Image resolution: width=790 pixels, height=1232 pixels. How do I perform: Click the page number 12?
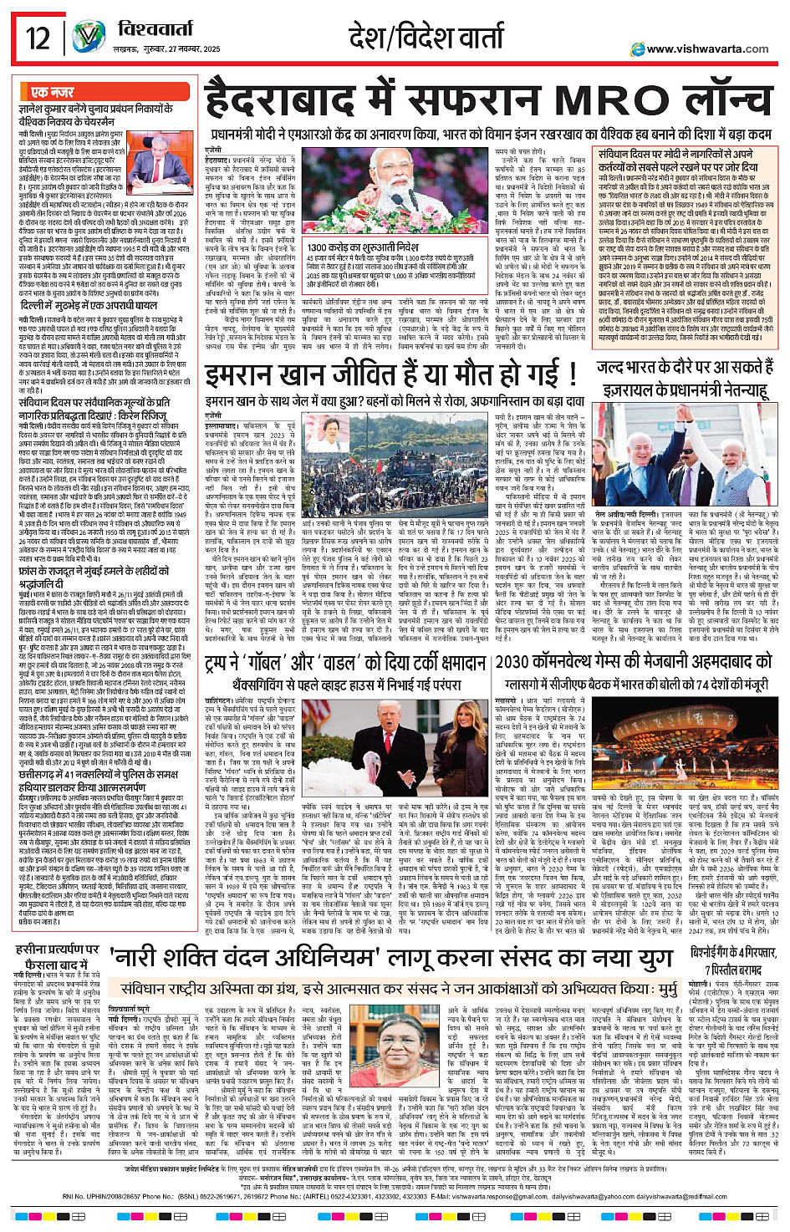tap(38, 38)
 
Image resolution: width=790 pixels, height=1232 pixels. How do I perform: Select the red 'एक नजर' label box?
tap(53, 92)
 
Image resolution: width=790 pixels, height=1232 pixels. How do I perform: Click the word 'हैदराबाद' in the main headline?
tap(294, 101)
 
